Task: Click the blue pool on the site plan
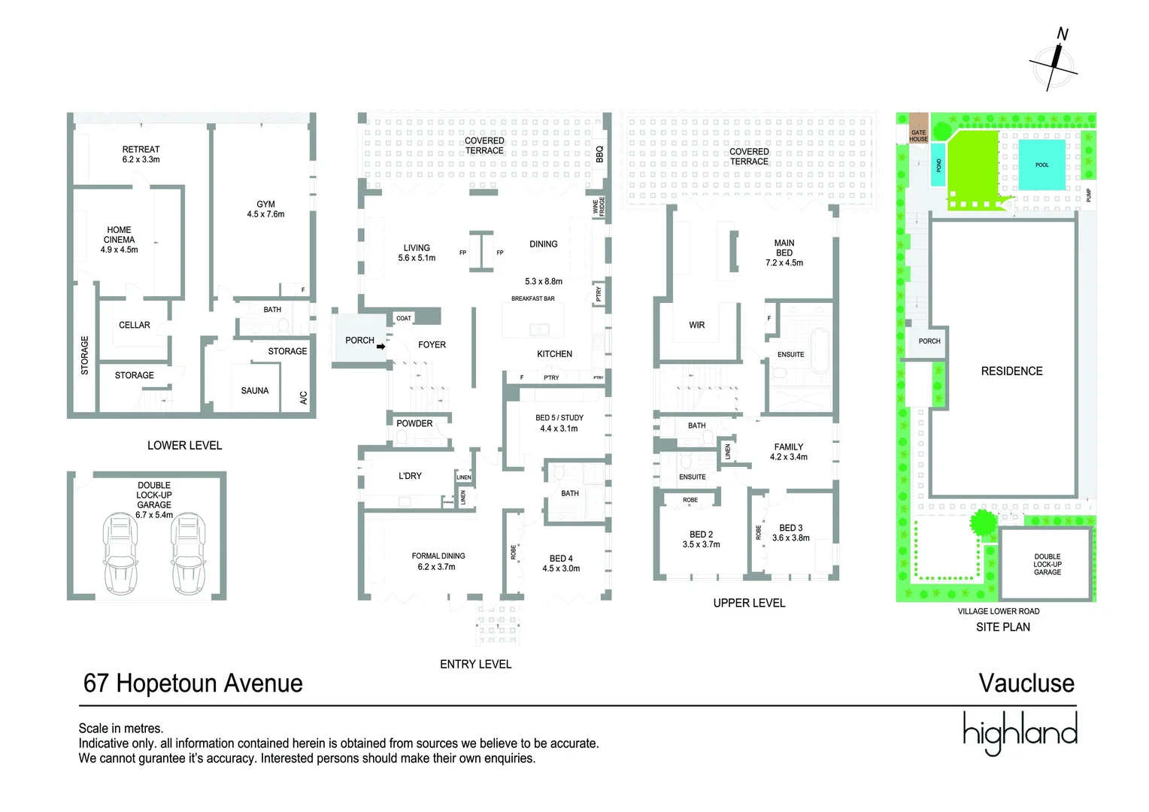1041,164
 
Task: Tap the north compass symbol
1054,64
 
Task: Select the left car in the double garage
120,553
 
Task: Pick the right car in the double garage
188,553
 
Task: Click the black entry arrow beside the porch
381,347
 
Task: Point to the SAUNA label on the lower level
255,391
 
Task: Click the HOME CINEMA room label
119,240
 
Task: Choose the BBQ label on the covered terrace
599,154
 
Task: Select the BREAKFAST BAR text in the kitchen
532,298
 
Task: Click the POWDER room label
414,423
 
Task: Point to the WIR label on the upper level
697,325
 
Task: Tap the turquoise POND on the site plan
938,165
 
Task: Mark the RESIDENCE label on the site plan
1011,371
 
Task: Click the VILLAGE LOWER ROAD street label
999,611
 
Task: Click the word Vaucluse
1026,683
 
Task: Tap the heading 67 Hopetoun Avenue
193,683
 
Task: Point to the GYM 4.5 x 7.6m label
265,209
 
